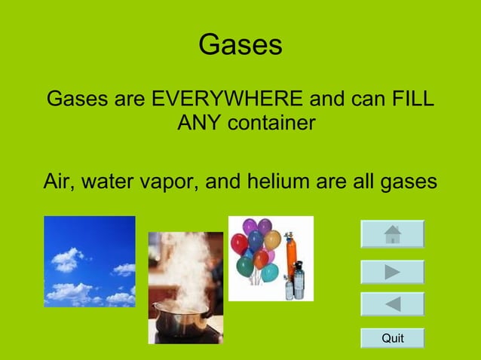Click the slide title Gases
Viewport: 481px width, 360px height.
tap(240, 46)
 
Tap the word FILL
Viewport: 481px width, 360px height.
tap(414, 99)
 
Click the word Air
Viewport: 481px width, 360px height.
tap(59, 182)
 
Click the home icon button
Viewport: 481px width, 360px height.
tap(392, 234)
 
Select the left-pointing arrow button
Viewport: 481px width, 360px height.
tap(392, 304)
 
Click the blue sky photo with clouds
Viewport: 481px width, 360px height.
tap(89, 261)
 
